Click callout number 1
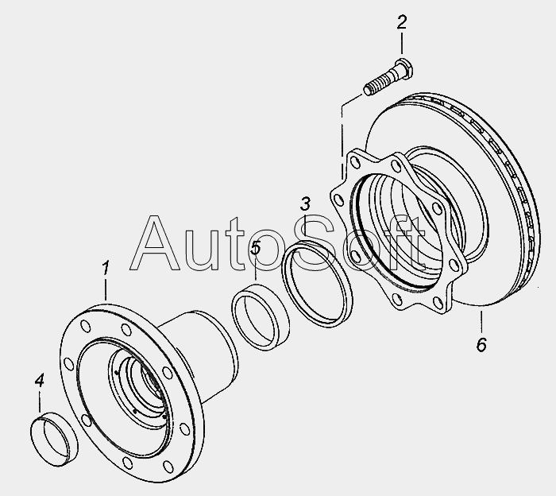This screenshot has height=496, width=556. tap(106, 268)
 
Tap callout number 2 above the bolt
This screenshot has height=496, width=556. tap(402, 22)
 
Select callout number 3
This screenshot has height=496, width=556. tap(305, 204)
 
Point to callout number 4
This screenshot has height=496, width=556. tap(40, 380)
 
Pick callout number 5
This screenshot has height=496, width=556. tap(255, 247)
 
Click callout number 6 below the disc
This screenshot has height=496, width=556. tap(481, 344)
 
